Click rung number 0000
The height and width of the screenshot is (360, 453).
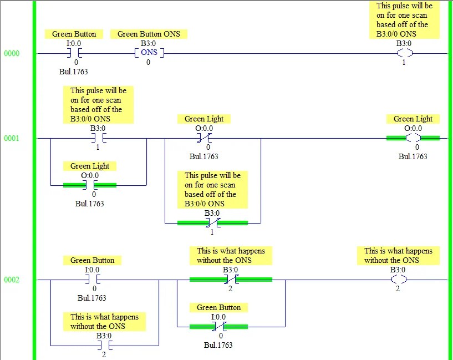coord(12,53)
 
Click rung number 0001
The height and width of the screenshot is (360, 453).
coord(12,138)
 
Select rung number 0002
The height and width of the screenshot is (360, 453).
coord(12,280)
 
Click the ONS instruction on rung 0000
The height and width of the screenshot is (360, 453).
coord(149,53)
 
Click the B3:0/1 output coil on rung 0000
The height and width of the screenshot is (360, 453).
coord(404,53)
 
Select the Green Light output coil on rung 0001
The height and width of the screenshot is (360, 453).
coord(413,138)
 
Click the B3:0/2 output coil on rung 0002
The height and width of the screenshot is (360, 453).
coord(398,280)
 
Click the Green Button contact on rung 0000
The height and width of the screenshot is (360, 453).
coord(74,53)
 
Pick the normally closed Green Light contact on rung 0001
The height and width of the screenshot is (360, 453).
coord(204,138)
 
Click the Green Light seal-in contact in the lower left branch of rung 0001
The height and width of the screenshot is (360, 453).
coord(90,185)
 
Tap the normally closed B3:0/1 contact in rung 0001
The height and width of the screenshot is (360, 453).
coord(212,223)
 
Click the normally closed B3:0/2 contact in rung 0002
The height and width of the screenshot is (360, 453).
coord(231,280)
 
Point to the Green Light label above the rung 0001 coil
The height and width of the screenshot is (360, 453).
coord(413,119)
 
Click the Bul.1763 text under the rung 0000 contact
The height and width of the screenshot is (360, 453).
coord(74,72)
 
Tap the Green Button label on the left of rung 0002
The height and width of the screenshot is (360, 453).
coord(93,260)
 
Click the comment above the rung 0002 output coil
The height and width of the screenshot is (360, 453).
coord(398,255)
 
